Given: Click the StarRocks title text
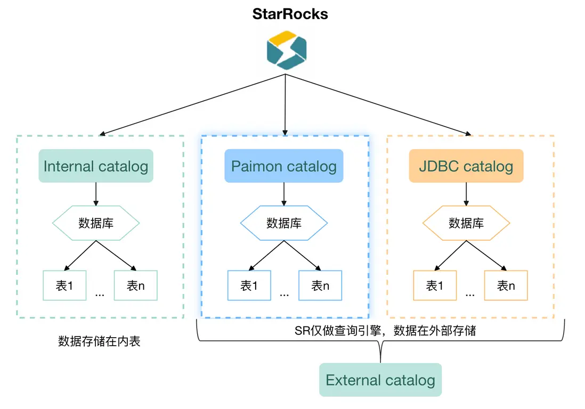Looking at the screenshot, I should tap(290, 13).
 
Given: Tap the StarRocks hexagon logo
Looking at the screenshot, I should tap(287, 50).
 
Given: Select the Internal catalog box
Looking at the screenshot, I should tap(96, 166).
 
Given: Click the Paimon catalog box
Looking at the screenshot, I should tap(284, 166).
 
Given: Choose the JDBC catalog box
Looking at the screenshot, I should tap(466, 166).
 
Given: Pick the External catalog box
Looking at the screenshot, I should tap(380, 380).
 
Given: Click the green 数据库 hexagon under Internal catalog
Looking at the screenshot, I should tap(96, 223).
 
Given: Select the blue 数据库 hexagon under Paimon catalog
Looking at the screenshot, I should tap(284, 223).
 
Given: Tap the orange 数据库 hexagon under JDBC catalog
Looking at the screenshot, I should tap(466, 223).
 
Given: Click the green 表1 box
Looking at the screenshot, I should tap(64, 285).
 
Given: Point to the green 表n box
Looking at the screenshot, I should tap(135, 285).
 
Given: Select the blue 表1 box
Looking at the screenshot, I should tap(249, 285).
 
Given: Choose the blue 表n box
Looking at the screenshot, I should tap(320, 285).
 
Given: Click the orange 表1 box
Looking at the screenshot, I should tap(435, 285).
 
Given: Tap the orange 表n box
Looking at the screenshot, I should tap(506, 285).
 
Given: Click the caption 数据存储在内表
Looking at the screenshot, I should tap(99, 341).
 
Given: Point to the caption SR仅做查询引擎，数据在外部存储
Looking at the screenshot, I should tap(385, 331).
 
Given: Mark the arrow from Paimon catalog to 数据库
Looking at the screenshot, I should tap(284, 194).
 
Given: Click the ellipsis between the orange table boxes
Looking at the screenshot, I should tap(470, 293).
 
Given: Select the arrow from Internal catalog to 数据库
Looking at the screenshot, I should tap(96, 194).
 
